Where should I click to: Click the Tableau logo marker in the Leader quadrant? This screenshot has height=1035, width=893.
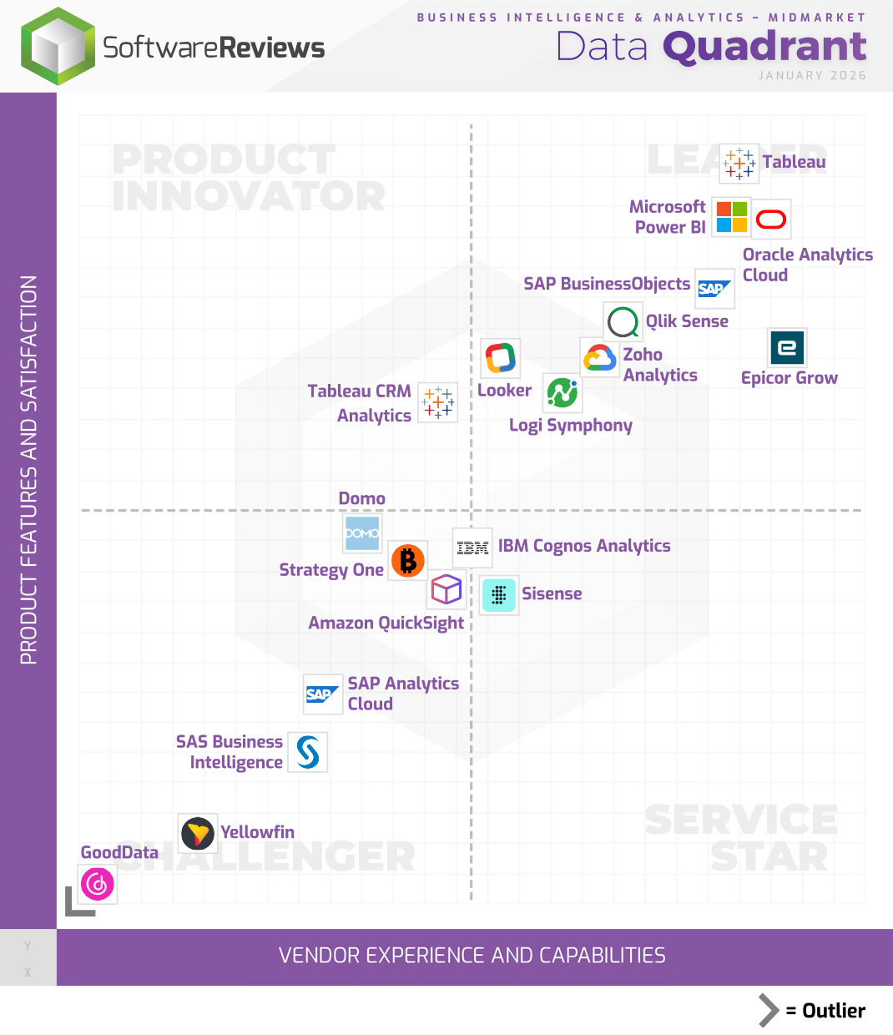pos(739,163)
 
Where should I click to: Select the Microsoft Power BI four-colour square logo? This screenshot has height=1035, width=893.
pos(732,217)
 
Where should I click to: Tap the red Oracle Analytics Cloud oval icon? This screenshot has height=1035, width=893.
pos(771,220)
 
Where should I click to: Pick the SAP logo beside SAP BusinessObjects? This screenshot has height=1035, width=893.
pos(714,289)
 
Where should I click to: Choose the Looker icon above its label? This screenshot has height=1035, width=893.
pos(501,358)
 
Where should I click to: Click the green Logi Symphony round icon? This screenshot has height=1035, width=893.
pos(563,392)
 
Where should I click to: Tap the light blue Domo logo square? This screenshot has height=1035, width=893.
pos(362,533)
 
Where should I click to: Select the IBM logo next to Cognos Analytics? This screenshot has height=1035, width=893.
pos(472,548)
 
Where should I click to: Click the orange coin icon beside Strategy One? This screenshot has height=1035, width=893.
pos(408,561)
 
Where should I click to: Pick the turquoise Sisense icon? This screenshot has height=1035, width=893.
pos(499,595)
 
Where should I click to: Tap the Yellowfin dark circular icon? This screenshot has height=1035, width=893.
pos(198,833)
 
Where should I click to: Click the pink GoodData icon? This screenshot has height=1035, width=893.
pos(98,884)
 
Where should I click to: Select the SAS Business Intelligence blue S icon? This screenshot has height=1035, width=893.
pos(308,752)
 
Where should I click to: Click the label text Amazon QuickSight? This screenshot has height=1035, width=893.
pos(386,624)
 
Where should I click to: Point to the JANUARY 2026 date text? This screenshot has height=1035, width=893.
pos(812,75)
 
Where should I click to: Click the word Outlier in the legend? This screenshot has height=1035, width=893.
pos(833,1011)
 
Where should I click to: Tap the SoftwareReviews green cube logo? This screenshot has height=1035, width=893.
pos(58,47)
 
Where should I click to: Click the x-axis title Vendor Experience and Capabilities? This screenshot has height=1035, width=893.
pos(472,956)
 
